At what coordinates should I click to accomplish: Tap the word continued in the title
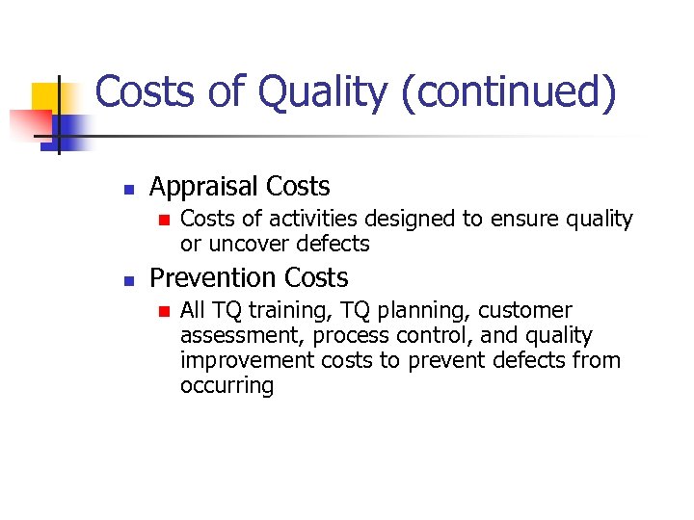click(510, 93)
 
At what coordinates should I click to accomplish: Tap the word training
click(285, 311)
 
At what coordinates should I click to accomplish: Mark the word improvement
click(246, 360)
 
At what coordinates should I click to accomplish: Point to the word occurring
click(227, 385)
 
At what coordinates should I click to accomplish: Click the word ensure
click(507, 220)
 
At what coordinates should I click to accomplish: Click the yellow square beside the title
click(46, 97)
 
